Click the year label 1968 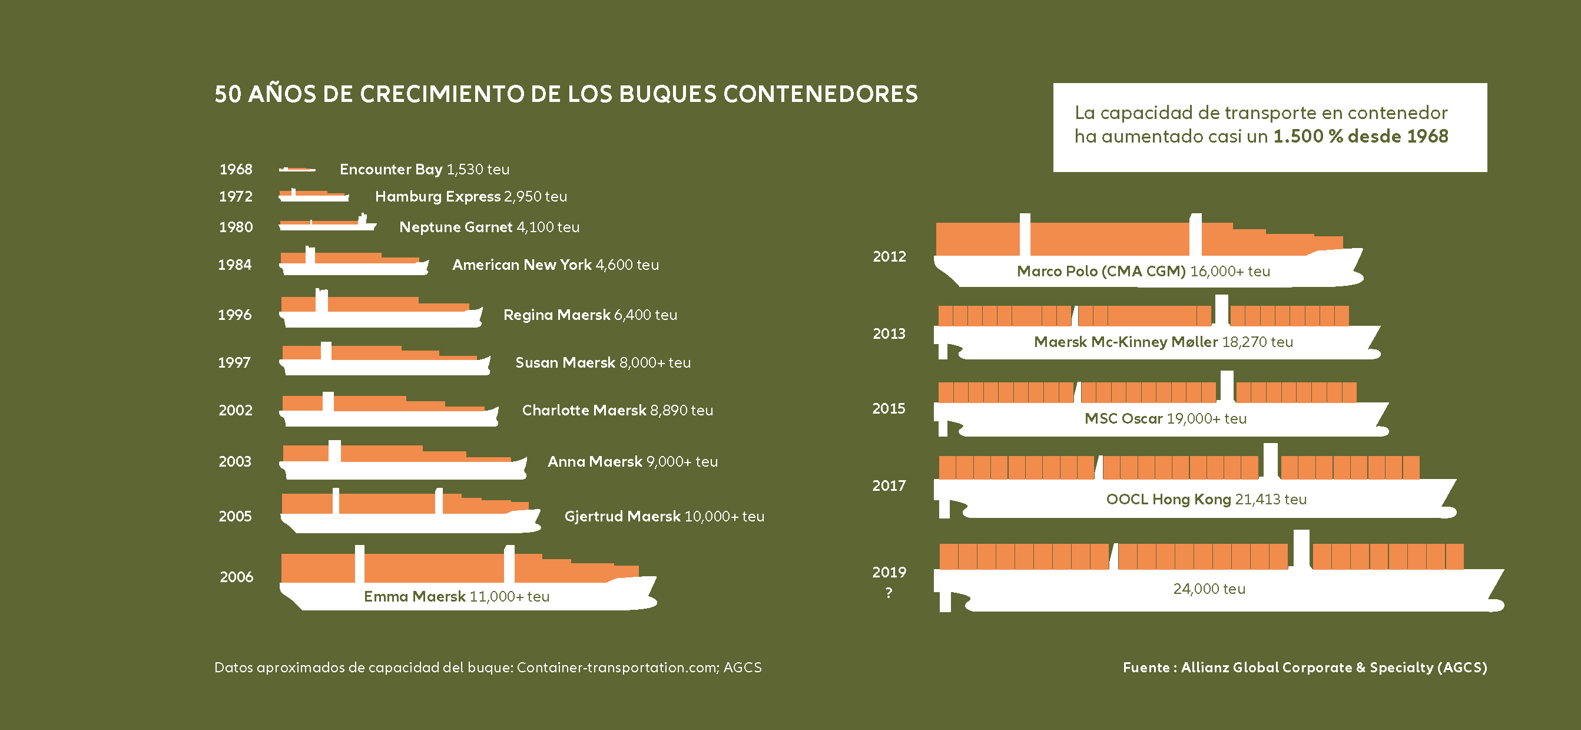click(236, 170)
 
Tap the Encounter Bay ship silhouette click(297, 170)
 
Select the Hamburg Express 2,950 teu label click(470, 196)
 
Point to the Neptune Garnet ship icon click(327, 224)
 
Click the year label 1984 click(234, 265)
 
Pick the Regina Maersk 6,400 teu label click(590, 315)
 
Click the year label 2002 click(236, 410)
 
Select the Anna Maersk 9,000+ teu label click(632, 462)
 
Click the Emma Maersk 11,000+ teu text click(456, 596)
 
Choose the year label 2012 click(889, 257)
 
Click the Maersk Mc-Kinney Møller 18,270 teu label click(1163, 342)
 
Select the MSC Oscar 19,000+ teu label click(1165, 419)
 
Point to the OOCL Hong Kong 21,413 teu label click(1206, 499)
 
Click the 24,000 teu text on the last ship click(1208, 589)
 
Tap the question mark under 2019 click(889, 593)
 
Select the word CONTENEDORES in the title click(820, 94)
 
